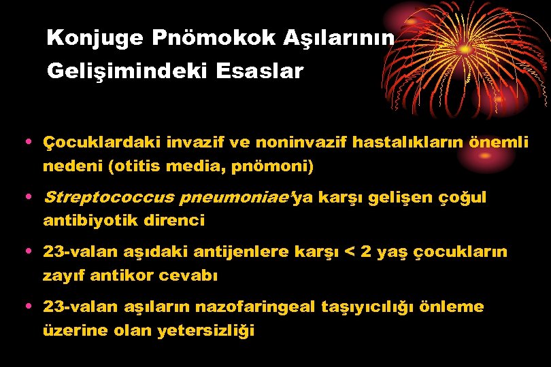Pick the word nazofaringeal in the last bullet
pyautogui.click(x=255, y=307)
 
